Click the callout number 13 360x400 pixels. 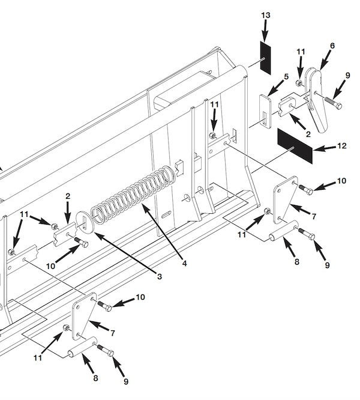[x=266, y=14]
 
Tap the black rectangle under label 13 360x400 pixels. [x=265, y=58]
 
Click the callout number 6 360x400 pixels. [x=332, y=46]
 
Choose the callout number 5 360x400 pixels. [x=286, y=77]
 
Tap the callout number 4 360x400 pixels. [x=184, y=264]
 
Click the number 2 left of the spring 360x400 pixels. [x=68, y=196]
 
